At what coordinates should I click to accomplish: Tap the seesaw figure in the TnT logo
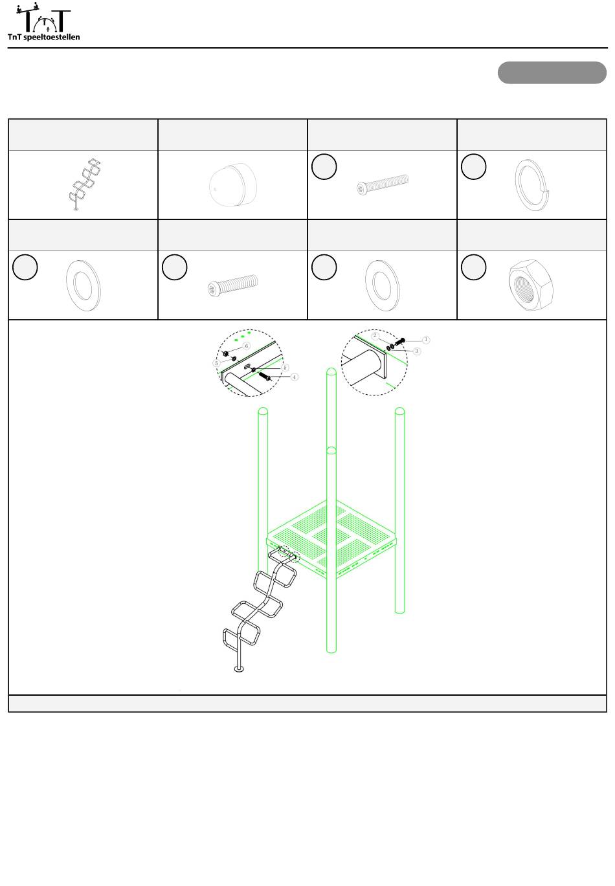[28, 8]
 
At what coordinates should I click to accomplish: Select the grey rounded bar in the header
[552, 72]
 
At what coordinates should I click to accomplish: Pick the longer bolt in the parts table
[383, 184]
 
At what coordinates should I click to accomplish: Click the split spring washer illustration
[532, 184]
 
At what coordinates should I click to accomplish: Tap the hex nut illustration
[531, 285]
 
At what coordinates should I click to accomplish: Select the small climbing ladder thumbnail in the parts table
[84, 184]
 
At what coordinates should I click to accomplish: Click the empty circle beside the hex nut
[473, 267]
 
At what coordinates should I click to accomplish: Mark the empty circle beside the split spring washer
[473, 166]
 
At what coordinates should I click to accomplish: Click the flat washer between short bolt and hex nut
[383, 285]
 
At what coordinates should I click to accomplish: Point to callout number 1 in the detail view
[426, 340]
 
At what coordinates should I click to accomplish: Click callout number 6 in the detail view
[247, 346]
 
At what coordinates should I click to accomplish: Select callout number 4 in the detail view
[294, 377]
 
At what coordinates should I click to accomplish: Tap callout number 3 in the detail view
[416, 351]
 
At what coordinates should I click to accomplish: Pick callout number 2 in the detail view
[375, 336]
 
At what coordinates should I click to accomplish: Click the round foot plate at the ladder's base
[239, 669]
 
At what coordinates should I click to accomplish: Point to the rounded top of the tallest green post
[331, 371]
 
